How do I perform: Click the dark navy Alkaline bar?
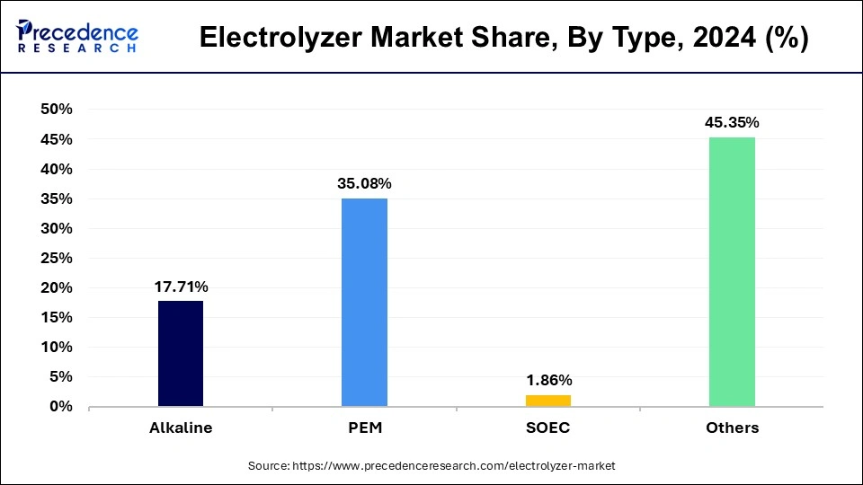pos(181,354)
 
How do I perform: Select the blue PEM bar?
pos(364,303)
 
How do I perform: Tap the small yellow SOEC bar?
pos(547,401)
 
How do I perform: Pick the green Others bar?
pos(732,272)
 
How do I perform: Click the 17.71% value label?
pos(181,287)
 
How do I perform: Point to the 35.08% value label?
pos(364,184)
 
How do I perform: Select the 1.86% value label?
pos(547,381)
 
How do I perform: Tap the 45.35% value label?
pos(732,123)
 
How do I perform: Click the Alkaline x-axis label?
pos(181,428)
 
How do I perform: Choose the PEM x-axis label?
pos(364,428)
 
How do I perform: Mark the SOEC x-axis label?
pos(547,428)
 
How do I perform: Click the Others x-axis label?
pos(732,428)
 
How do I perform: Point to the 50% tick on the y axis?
pos(56,110)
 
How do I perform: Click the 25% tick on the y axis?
pos(56,258)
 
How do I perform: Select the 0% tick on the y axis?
pos(60,407)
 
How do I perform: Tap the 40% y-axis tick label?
pos(56,169)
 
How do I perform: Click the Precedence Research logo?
pos(77,37)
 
